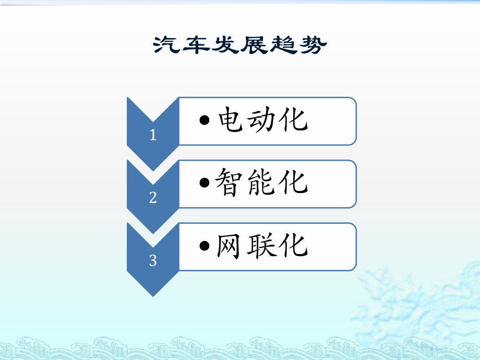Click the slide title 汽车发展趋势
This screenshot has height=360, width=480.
[240, 46]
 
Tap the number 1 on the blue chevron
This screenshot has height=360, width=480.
[153, 136]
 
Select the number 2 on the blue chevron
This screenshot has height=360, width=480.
[153, 198]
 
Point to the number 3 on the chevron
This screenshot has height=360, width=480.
[153, 260]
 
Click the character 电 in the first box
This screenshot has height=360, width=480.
[232, 121]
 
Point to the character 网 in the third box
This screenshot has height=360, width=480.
[232, 246]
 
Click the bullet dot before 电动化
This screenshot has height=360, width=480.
[206, 121]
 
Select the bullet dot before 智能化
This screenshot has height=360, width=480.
[206, 184]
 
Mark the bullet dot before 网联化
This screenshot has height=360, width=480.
[206, 246]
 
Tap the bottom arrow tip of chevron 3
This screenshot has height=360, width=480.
[153, 295]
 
